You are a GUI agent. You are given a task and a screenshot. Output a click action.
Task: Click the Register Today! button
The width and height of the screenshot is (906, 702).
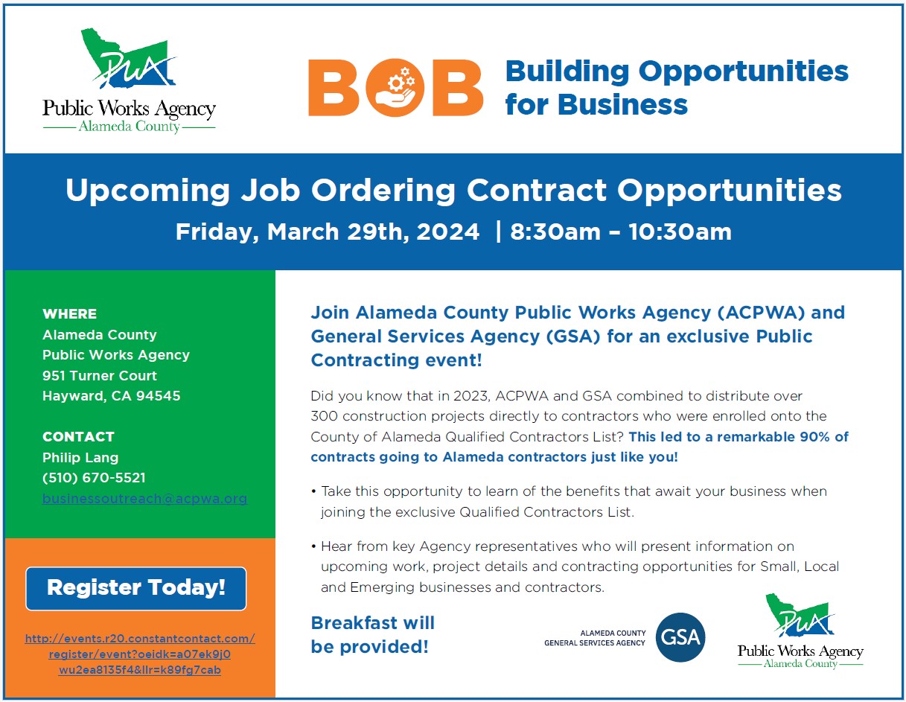click(x=136, y=588)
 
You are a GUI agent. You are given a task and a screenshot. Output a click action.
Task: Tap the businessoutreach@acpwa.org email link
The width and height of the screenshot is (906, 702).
click(x=144, y=499)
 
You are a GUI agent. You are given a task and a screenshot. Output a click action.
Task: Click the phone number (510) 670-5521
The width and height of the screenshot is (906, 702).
click(x=95, y=478)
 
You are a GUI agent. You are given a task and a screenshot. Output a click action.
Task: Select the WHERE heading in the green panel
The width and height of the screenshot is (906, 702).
click(x=70, y=313)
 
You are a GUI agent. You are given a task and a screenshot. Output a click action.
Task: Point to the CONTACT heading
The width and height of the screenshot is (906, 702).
click(x=78, y=436)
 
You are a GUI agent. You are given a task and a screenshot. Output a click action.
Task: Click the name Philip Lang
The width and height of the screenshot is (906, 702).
click(x=80, y=457)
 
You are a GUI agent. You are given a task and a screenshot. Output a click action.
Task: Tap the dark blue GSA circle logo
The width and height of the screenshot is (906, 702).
click(x=680, y=637)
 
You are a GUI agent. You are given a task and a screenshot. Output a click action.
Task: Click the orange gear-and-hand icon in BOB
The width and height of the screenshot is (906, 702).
click(x=395, y=88)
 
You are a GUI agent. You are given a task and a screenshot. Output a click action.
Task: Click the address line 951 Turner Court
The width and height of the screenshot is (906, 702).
click(x=100, y=376)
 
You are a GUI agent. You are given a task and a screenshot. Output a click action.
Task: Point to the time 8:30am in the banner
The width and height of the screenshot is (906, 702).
click(x=555, y=232)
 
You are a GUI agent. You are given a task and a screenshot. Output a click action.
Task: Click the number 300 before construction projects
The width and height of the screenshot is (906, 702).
click(x=325, y=416)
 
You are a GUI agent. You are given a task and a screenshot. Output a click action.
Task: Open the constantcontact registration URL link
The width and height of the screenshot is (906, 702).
click(x=140, y=654)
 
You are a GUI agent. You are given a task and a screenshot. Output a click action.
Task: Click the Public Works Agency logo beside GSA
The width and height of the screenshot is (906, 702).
click(x=800, y=631)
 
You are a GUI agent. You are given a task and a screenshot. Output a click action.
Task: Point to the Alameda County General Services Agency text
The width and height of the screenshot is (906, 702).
click(x=595, y=638)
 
